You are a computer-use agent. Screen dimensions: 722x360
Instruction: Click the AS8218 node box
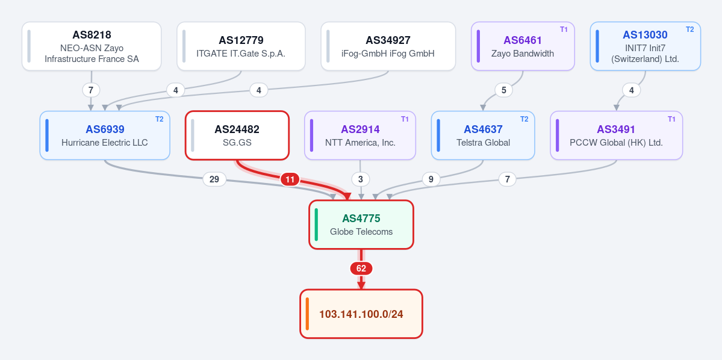pyautogui.click(x=92, y=46)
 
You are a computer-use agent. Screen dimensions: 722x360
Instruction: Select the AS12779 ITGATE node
pyautogui.click(x=241, y=46)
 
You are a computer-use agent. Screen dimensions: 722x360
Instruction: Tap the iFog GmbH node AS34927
pyautogui.click(x=388, y=46)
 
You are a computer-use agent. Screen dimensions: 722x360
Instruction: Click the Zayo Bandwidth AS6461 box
pyautogui.click(x=523, y=46)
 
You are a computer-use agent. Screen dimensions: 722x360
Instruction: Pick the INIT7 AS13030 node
pyautogui.click(x=645, y=46)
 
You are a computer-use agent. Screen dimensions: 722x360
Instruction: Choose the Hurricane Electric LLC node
pyautogui.click(x=105, y=135)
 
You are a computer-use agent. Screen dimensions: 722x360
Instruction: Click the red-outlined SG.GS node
pyautogui.click(x=237, y=135)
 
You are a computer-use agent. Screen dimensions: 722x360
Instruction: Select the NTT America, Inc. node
pyautogui.click(x=360, y=135)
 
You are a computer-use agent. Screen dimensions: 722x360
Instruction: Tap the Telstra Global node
pyautogui.click(x=483, y=135)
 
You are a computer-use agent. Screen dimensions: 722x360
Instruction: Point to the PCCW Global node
pyautogui.click(x=616, y=135)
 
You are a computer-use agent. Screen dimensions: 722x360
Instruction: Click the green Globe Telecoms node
pyautogui.click(x=361, y=225)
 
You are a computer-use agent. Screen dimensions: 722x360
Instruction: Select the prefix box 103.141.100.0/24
pyautogui.click(x=361, y=314)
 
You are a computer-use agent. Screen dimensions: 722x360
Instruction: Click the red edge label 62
pyautogui.click(x=361, y=268)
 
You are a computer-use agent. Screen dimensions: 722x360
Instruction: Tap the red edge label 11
pyautogui.click(x=290, y=179)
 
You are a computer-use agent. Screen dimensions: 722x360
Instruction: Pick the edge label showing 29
pyautogui.click(x=214, y=179)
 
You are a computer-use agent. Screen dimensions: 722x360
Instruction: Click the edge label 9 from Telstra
pyautogui.click(x=431, y=179)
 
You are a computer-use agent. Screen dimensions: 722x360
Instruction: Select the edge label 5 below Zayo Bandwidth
pyautogui.click(x=504, y=90)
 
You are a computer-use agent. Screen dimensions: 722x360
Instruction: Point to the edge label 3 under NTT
pyautogui.click(x=360, y=179)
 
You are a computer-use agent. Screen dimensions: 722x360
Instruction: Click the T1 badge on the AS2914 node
pyautogui.click(x=405, y=119)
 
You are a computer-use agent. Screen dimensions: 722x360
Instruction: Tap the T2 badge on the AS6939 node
pyautogui.click(x=160, y=119)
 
